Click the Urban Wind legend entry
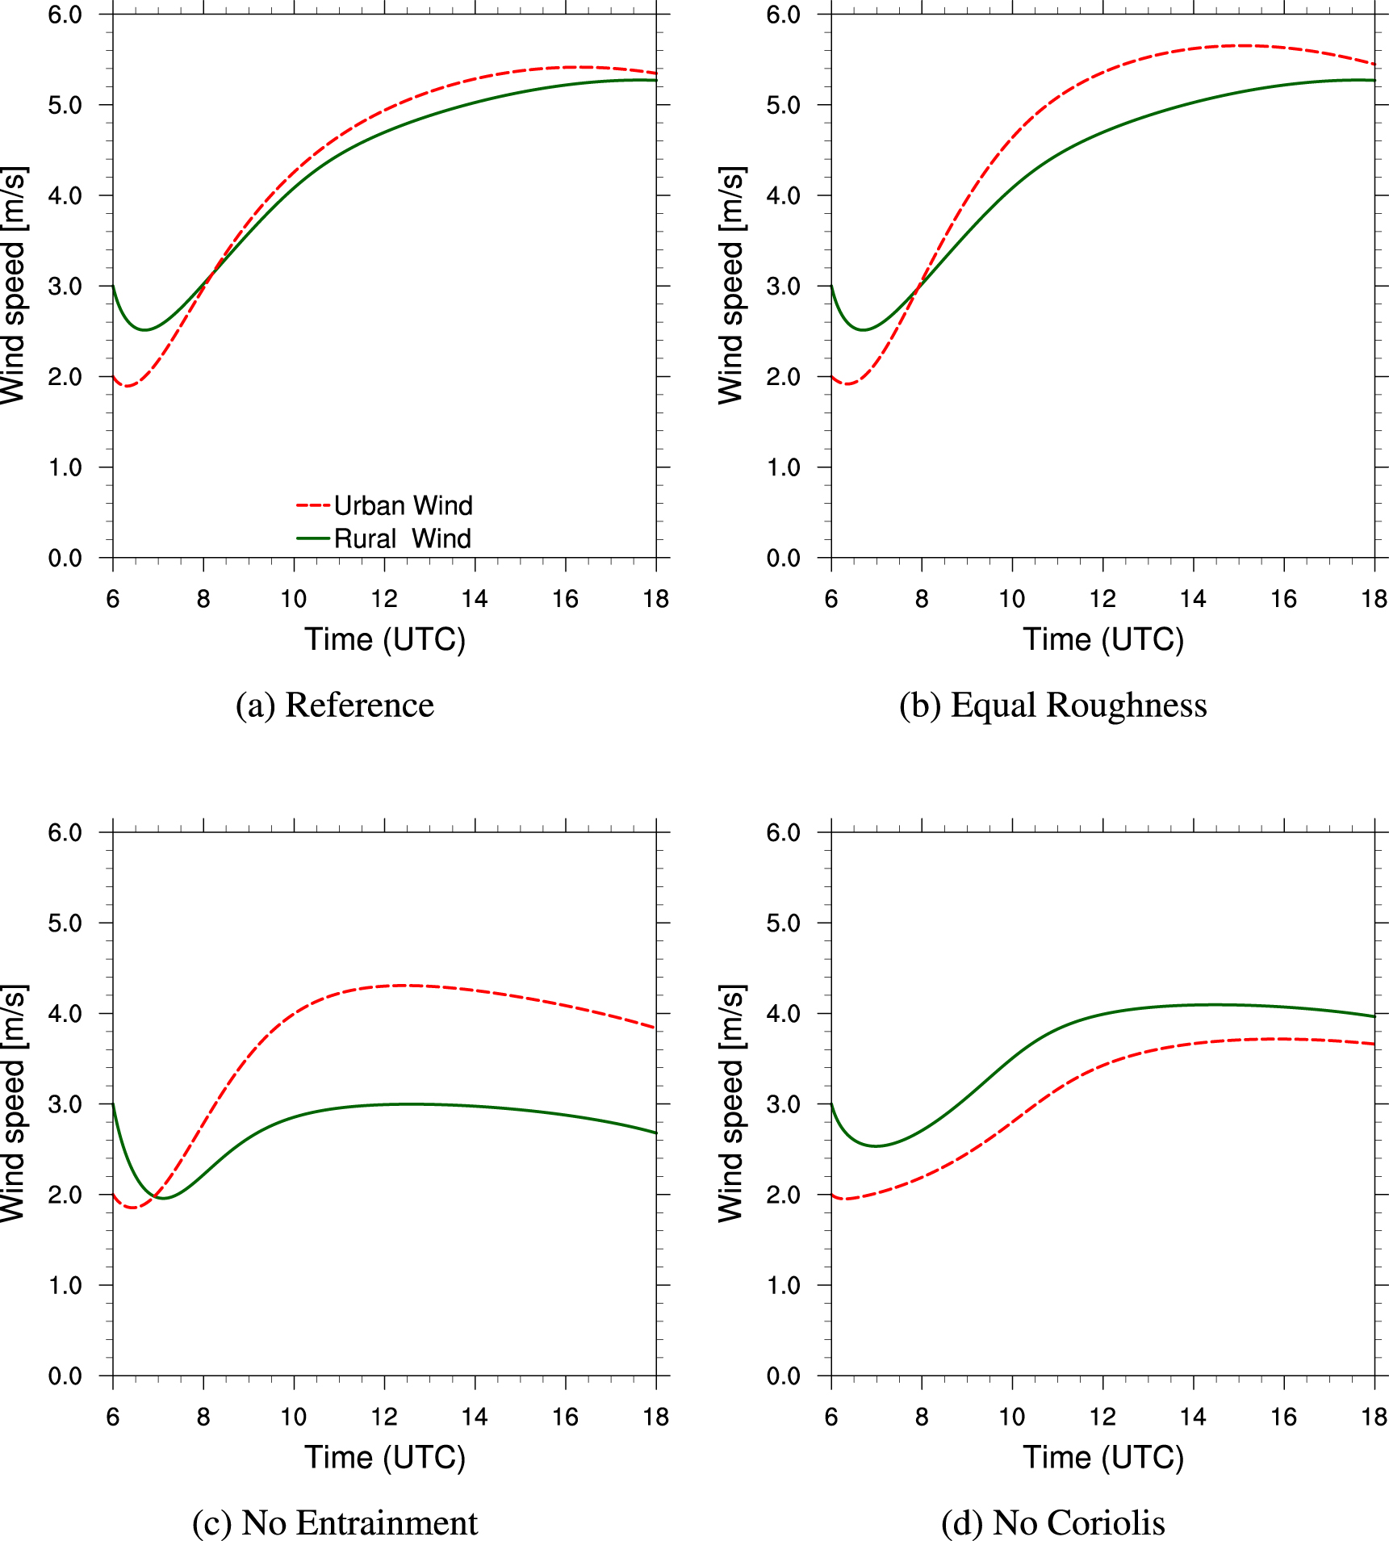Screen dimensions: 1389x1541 [x=384, y=505]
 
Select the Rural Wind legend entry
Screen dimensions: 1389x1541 [x=384, y=538]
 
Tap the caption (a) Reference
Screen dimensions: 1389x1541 [x=335, y=705]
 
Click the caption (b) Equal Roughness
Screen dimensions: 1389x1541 [x=1053, y=705]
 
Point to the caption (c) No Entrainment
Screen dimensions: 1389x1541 [x=335, y=1522]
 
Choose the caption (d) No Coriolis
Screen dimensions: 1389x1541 [x=1053, y=1522]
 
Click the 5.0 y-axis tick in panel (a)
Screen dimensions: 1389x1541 [x=65, y=105]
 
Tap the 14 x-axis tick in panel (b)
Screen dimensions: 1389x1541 [x=1193, y=599]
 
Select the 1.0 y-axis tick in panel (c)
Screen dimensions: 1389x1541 [x=65, y=1285]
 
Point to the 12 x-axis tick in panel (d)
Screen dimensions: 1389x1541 [x=1102, y=1417]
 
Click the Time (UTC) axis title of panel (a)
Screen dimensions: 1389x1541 [x=385, y=639]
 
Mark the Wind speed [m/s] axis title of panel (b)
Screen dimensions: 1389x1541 [x=731, y=286]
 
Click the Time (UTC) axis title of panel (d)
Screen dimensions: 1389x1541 [x=1103, y=1457]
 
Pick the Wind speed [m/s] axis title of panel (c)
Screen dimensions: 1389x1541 [x=13, y=1103]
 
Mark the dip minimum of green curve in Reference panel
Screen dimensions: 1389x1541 [x=144, y=329]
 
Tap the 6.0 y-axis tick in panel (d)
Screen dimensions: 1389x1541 [x=784, y=832]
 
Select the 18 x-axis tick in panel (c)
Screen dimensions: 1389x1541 [x=656, y=1417]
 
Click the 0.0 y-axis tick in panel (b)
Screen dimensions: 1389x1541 [x=784, y=558]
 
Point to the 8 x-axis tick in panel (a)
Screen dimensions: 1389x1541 [x=203, y=599]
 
